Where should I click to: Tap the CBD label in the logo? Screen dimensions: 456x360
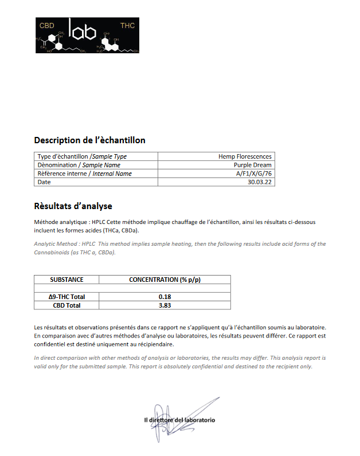(x=46, y=26)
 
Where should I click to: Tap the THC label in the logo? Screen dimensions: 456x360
(x=127, y=26)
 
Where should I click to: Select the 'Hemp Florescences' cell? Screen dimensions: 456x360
(x=245, y=156)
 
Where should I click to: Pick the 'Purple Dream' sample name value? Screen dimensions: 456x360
(x=252, y=165)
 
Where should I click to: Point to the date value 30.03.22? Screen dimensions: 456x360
(x=260, y=182)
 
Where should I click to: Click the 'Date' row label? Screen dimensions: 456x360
(x=44, y=182)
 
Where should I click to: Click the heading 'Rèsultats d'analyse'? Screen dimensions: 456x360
(x=73, y=206)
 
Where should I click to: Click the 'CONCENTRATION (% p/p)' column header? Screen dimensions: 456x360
(x=165, y=280)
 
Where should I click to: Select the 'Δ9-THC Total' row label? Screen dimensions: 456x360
(x=66, y=297)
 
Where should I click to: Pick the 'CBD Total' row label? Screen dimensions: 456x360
(x=66, y=305)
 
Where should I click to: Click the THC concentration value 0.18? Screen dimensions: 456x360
(x=165, y=297)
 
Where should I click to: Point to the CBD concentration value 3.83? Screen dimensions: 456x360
(x=165, y=305)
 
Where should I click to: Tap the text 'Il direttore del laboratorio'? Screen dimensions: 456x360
(x=179, y=420)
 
